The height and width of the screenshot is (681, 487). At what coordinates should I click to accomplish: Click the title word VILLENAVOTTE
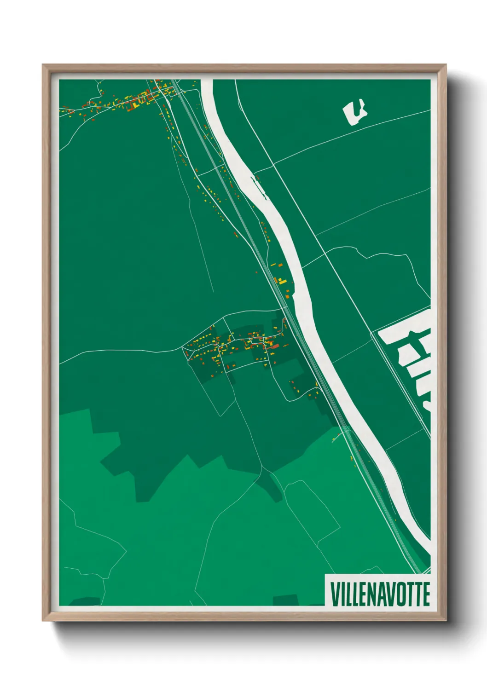(380, 594)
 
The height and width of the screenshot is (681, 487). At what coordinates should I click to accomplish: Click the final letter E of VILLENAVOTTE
(426, 594)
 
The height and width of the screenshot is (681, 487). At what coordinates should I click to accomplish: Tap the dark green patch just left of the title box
(285, 600)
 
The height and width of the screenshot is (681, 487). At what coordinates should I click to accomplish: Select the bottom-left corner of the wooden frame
(43, 621)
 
